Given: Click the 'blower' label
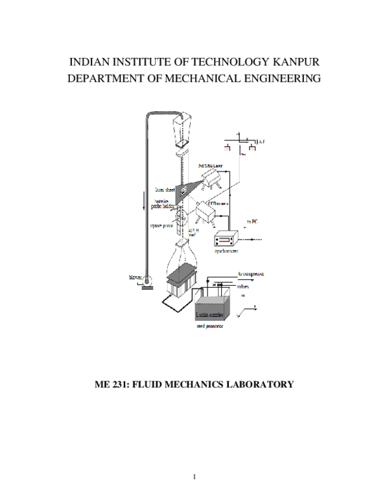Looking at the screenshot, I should (x=136, y=278).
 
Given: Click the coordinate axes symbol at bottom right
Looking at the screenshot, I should (x=252, y=311).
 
